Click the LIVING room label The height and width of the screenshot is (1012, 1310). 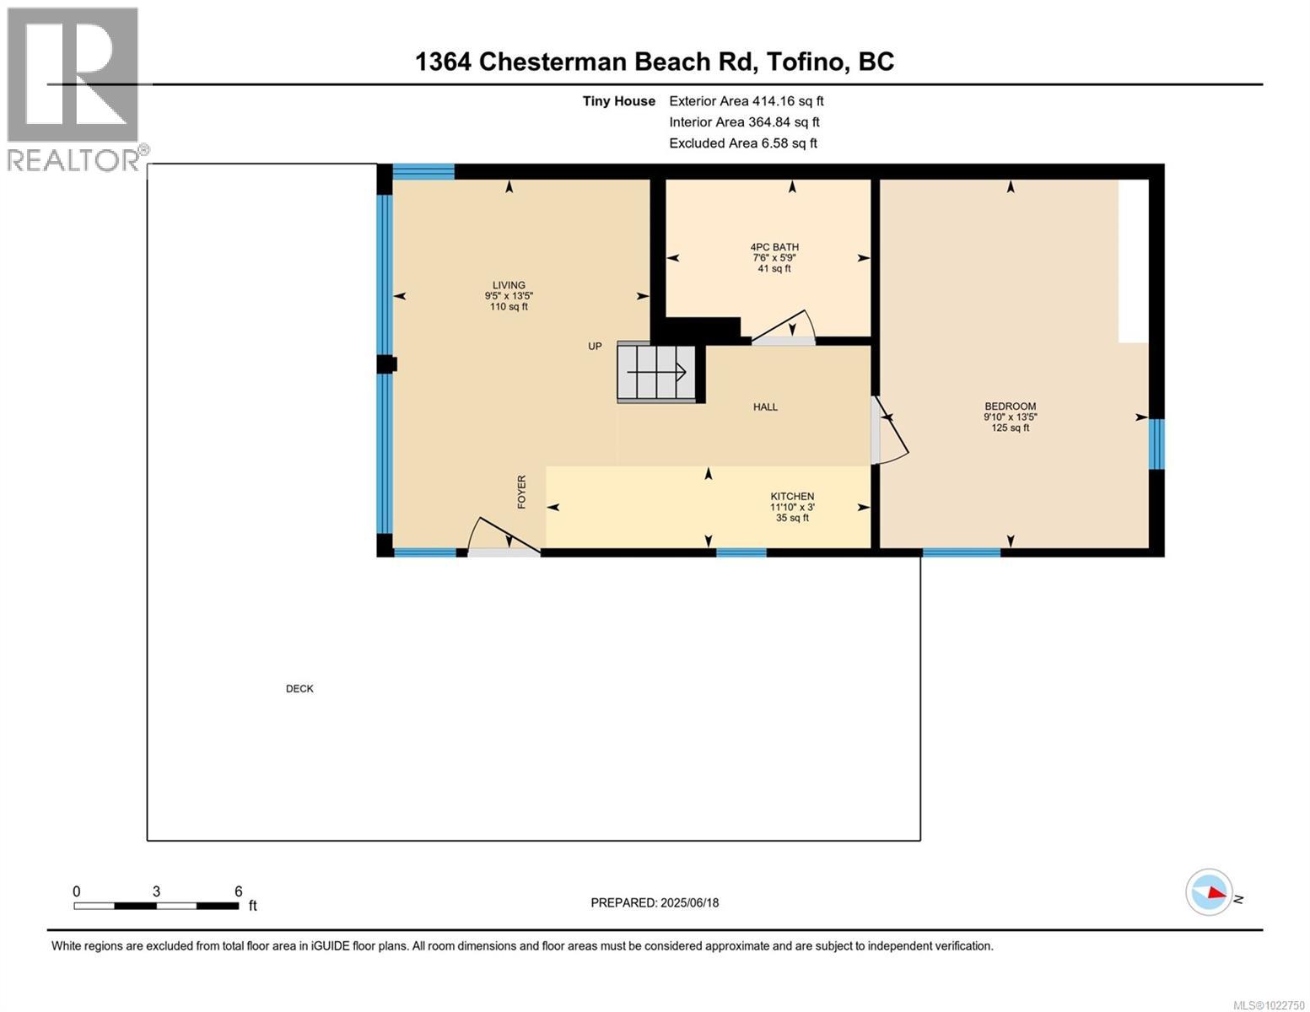pyautogui.click(x=509, y=286)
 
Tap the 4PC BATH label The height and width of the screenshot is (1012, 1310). pyautogui.click(x=774, y=247)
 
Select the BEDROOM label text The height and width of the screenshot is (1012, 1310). pyautogui.click(x=1010, y=406)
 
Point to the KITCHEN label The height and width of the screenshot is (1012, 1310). pyautogui.click(x=792, y=497)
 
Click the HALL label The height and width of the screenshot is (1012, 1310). pyautogui.click(x=765, y=407)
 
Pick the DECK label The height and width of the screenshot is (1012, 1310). pyautogui.click(x=299, y=689)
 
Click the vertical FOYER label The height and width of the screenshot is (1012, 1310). pyautogui.click(x=521, y=492)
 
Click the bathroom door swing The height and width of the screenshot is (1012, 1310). pyautogui.click(x=784, y=329)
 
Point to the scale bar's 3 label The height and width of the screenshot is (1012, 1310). pyautogui.click(x=157, y=891)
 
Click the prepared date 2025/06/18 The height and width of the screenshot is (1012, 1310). pyautogui.click(x=655, y=903)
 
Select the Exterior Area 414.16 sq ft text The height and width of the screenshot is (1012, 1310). pyautogui.click(x=746, y=101)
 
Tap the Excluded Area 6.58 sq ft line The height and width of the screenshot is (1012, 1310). pyautogui.click(x=742, y=143)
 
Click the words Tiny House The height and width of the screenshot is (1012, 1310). pyautogui.click(x=618, y=101)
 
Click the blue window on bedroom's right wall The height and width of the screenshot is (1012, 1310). pyautogui.click(x=1156, y=444)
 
